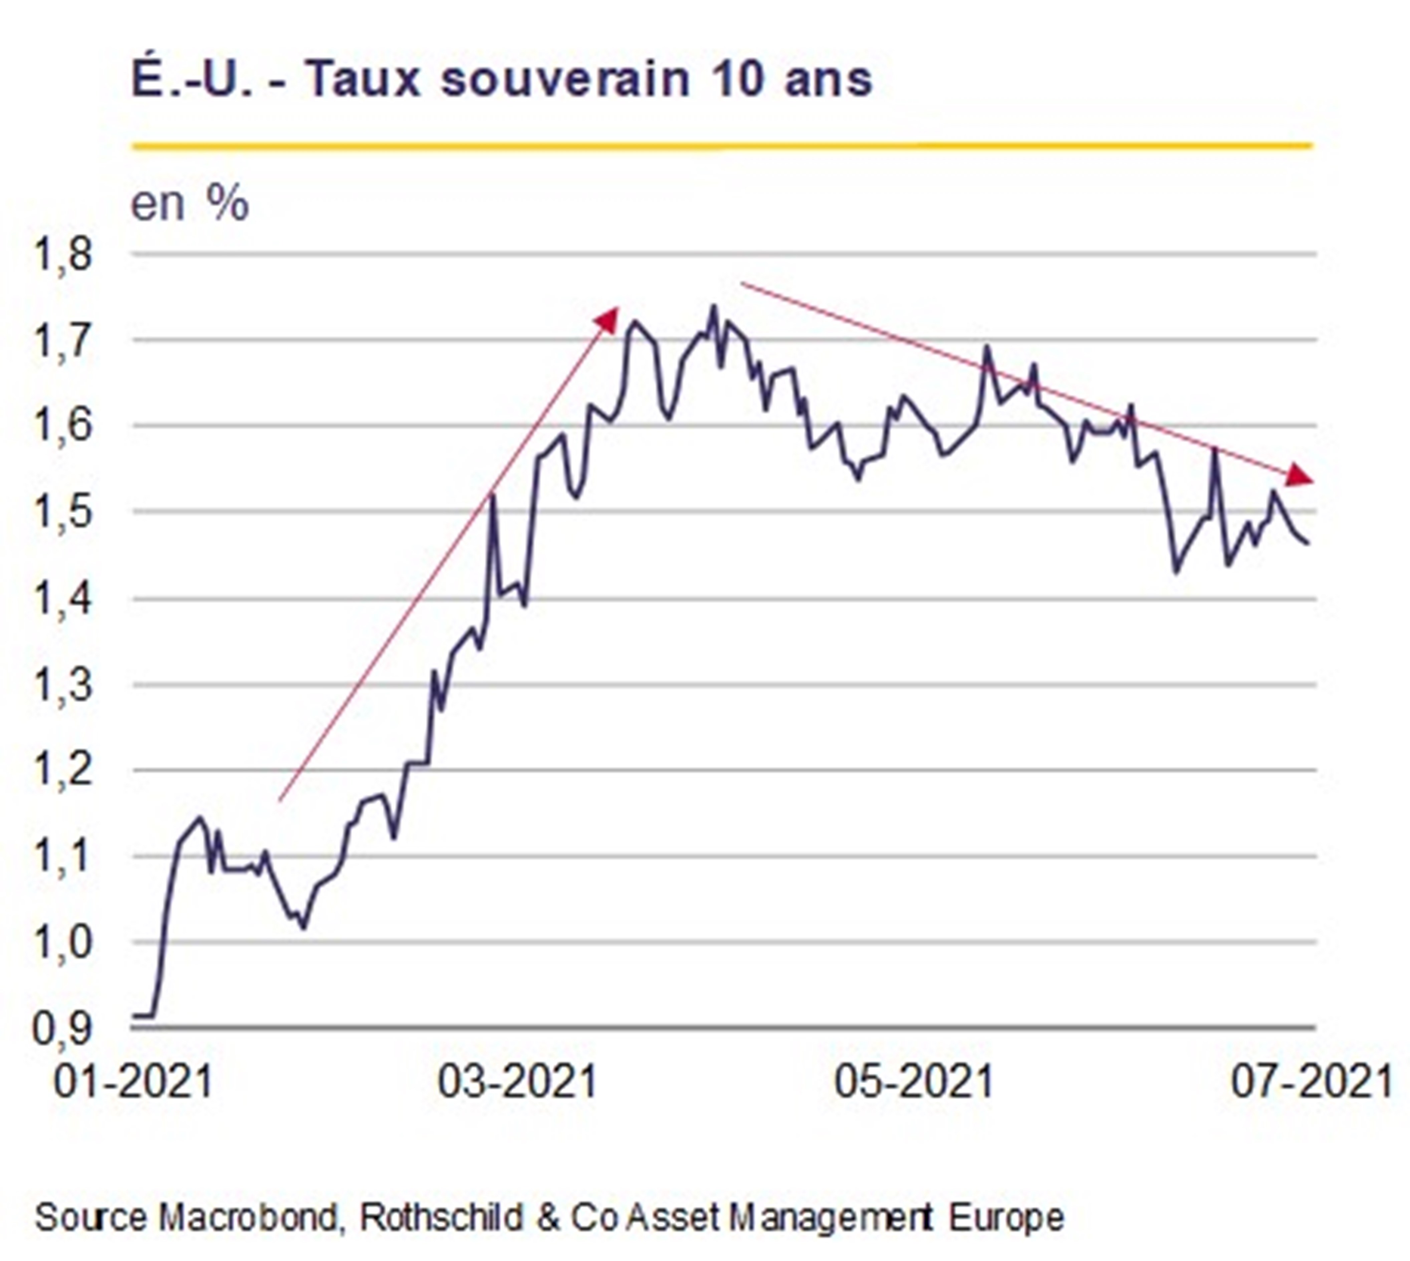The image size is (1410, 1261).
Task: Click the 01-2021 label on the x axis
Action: [133, 1081]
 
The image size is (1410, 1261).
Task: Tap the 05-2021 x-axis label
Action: [914, 1081]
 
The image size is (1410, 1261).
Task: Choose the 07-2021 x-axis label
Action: [1312, 1081]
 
